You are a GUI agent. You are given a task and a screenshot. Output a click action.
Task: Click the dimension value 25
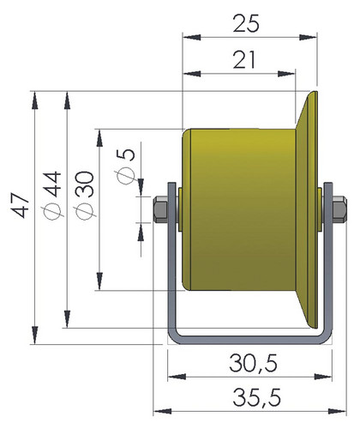point(246,23)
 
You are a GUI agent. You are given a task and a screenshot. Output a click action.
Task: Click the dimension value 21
point(243,60)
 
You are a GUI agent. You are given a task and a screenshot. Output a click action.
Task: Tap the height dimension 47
point(21,205)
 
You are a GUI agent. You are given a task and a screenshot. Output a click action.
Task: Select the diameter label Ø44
point(52,195)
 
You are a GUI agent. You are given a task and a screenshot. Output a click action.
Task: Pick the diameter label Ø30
point(85,196)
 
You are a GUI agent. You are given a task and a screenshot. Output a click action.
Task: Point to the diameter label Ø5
point(126,166)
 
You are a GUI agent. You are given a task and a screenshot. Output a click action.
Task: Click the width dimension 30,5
point(253,364)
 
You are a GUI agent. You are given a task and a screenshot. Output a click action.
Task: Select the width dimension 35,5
point(256,397)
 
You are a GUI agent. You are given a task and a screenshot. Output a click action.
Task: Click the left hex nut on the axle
point(160,209)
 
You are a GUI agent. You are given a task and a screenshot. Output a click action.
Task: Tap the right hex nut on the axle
point(339,209)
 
